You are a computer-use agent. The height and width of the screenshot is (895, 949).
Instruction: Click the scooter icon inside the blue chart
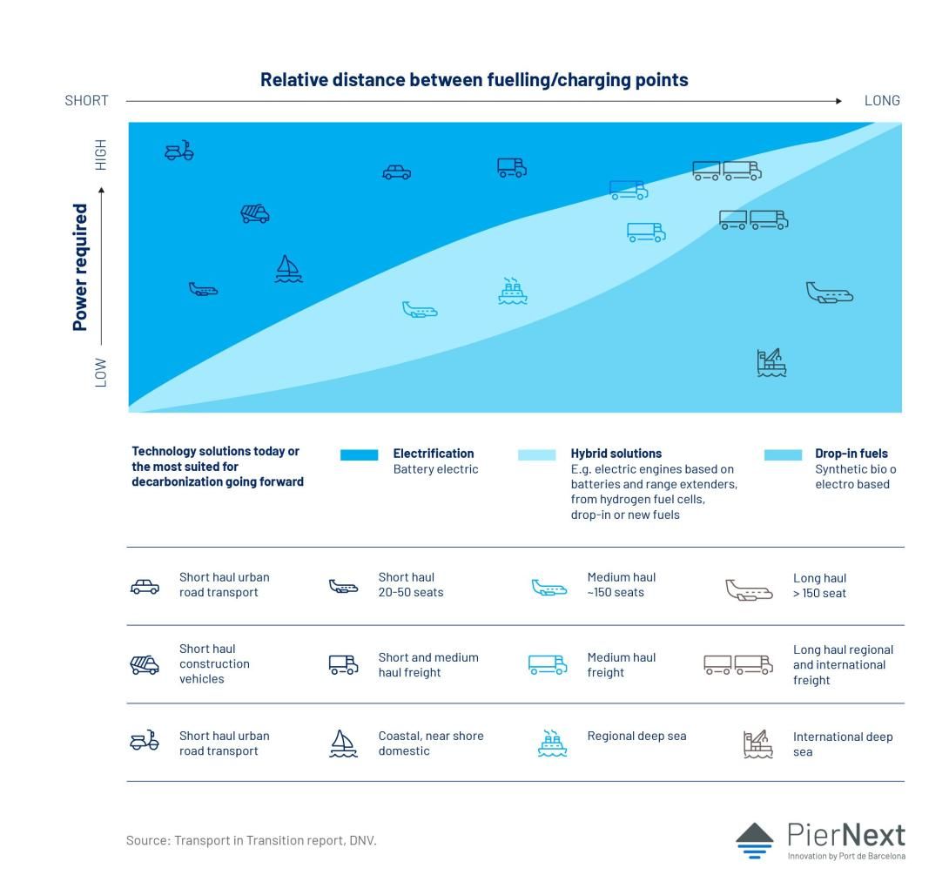click(179, 151)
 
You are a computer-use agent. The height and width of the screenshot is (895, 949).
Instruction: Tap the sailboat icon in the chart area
click(288, 269)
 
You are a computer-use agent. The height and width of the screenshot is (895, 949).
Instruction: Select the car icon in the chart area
click(396, 172)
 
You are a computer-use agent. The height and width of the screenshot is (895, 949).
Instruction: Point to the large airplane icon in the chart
click(829, 293)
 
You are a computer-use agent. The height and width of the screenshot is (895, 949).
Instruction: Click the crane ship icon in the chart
click(771, 362)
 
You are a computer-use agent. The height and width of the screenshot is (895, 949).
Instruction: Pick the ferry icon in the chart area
click(513, 291)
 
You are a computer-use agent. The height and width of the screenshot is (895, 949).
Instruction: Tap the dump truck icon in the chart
click(255, 213)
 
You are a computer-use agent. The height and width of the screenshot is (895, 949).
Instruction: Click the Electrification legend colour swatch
click(359, 455)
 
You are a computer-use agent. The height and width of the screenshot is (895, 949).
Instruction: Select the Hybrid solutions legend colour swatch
click(537, 455)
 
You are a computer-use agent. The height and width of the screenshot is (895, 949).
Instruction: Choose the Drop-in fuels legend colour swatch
click(784, 455)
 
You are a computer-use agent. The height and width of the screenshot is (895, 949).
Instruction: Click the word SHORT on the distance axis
click(86, 100)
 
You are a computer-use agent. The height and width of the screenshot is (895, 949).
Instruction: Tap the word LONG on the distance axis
click(882, 100)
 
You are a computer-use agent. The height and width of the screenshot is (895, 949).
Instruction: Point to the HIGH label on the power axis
click(100, 155)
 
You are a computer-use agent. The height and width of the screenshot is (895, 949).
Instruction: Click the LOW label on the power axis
click(100, 373)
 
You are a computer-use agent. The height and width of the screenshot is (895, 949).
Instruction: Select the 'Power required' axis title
click(80, 267)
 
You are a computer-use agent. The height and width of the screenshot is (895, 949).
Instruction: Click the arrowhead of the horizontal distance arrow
click(838, 101)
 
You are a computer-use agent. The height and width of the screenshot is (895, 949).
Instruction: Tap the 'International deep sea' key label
click(843, 744)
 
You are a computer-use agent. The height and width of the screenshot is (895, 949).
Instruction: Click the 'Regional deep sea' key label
click(636, 736)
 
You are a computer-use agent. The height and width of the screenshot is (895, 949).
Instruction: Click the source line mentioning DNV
click(251, 840)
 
